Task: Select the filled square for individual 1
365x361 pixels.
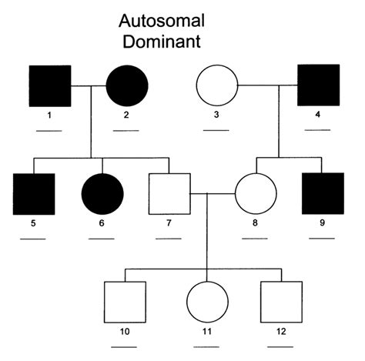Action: (50, 85)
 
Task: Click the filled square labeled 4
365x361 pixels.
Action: (318, 85)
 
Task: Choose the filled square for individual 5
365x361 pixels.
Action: (33, 194)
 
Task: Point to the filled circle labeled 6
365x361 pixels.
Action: (100, 194)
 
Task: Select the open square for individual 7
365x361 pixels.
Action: (169, 194)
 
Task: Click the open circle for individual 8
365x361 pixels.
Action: (255, 194)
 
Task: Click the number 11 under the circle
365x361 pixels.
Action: (207, 333)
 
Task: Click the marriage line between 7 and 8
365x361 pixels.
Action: (212, 194)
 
